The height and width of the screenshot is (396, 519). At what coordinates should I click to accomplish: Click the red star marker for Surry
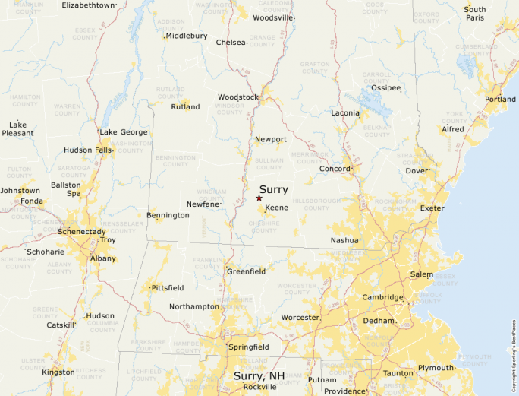pos(259,198)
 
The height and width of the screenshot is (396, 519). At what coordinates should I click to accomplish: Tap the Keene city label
pos(276,208)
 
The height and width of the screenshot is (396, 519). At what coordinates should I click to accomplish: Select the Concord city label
pos(334,169)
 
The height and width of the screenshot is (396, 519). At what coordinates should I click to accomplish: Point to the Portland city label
pos(500,100)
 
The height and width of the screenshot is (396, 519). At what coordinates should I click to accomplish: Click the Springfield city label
pos(249,347)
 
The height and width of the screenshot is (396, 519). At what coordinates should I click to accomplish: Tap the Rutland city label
pos(185,107)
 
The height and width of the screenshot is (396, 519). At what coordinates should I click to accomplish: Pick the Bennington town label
pos(168,216)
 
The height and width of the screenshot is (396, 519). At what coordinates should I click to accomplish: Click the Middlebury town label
pos(186,36)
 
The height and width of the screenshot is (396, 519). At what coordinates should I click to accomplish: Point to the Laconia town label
pos(345,113)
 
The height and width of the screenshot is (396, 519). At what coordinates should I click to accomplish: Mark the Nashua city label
pos(344,240)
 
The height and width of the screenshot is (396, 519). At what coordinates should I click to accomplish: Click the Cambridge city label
pos(382,297)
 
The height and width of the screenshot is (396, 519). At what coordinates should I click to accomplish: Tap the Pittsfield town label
pos(168,289)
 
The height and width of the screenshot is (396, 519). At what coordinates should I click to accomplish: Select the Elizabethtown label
pos(89,5)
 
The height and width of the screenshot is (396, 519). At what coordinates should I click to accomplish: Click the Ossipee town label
pos(385,87)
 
